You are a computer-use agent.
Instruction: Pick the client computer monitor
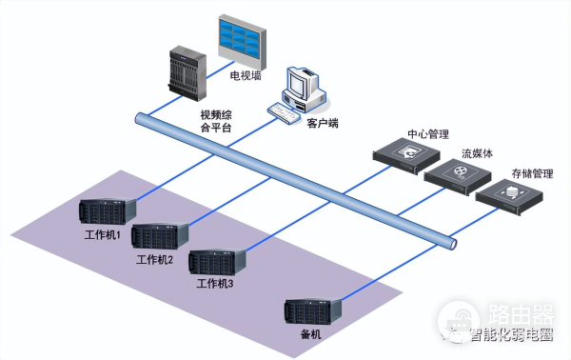click(x=303, y=83)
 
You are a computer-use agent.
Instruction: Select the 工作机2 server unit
click(x=160, y=234)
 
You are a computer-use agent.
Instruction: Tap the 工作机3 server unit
click(x=218, y=260)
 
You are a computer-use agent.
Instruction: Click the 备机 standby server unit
click(x=314, y=310)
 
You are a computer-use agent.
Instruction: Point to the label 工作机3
click(x=214, y=284)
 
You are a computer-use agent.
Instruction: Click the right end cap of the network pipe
click(x=452, y=244)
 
